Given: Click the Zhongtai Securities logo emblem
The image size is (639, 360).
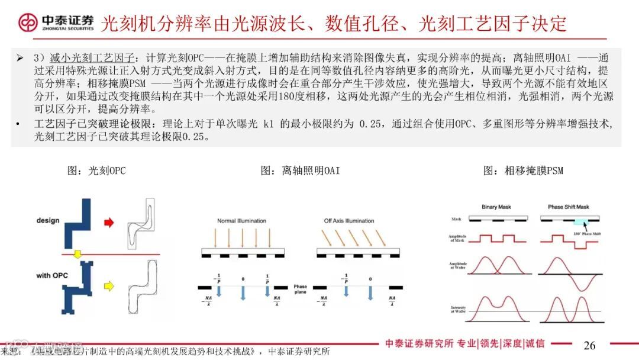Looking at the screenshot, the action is [x=27, y=22].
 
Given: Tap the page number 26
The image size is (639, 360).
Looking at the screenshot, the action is [x=589, y=345].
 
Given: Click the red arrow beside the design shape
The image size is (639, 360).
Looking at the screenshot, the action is [x=109, y=223].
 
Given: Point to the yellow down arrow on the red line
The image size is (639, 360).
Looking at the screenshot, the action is [x=76, y=255].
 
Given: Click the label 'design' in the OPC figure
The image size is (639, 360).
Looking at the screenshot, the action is [x=48, y=221].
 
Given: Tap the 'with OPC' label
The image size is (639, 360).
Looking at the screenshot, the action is [x=52, y=276].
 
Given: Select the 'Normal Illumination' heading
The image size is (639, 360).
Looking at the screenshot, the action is [x=241, y=221].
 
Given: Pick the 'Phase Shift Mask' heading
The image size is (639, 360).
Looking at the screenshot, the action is [x=568, y=207].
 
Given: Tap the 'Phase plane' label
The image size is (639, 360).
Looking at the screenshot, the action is [x=301, y=290].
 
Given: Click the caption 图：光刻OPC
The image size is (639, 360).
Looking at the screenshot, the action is [x=96, y=171].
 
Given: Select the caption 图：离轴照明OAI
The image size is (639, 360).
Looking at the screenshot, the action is [x=301, y=171].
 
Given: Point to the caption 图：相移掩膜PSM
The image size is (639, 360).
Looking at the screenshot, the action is [x=523, y=171].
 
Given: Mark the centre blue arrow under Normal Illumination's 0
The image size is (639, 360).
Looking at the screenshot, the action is [x=242, y=294].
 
